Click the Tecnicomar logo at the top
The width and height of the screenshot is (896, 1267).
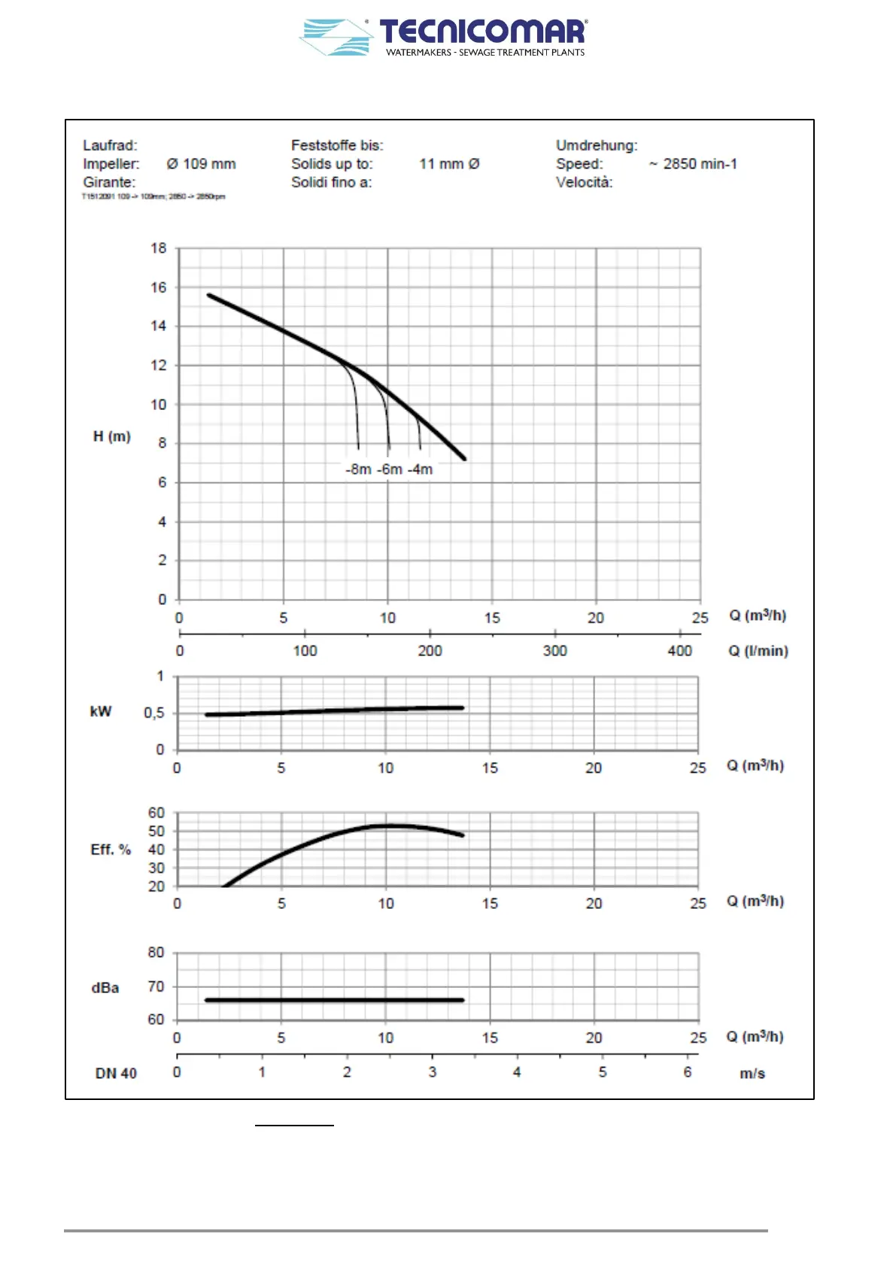coord(444,37)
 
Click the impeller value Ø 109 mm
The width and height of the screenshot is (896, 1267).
coord(201,164)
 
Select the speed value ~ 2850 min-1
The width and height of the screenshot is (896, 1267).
coord(693,164)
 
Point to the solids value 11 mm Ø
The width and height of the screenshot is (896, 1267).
coord(449,164)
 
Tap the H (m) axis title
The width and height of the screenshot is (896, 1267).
coord(112,436)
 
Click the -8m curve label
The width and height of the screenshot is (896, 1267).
coord(358,469)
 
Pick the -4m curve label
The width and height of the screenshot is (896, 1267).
coord(420,469)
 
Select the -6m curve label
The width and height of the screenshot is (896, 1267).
coord(389,469)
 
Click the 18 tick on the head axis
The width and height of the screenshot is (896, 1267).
coord(158,248)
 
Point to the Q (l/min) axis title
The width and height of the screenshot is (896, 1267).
coord(758,651)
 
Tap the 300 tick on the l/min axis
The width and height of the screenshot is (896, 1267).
coord(554,651)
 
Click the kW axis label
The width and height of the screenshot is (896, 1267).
coord(101,712)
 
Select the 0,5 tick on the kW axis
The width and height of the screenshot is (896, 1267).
coord(153,712)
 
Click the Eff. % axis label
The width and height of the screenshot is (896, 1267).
coord(111,849)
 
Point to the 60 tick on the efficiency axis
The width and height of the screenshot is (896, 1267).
coord(156,813)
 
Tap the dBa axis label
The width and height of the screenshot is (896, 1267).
coord(105,988)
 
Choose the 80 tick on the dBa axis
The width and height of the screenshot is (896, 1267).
coord(156,953)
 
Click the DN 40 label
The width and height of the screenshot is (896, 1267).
coord(116,1074)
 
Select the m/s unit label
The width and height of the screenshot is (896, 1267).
coord(752,1074)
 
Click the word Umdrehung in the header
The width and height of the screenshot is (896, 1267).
coord(596,145)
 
